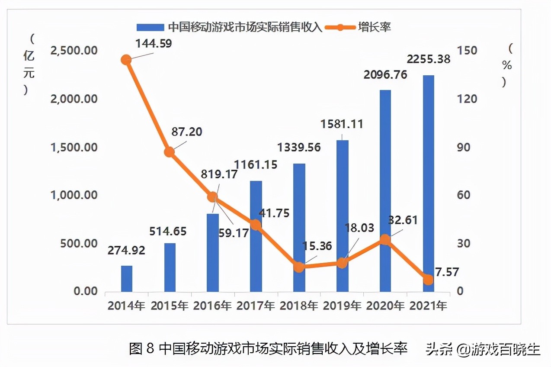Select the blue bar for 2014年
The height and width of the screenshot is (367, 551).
(x=126, y=278)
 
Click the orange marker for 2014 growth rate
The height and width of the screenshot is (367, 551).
(x=126, y=60)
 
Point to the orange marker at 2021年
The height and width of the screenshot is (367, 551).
(x=428, y=280)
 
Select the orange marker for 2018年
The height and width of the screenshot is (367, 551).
(x=299, y=267)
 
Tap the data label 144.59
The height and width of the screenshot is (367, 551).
(x=153, y=43)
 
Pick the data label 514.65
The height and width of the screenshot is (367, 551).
(x=168, y=231)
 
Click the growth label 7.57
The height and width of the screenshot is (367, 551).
(x=447, y=272)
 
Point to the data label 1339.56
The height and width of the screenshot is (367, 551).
(x=300, y=147)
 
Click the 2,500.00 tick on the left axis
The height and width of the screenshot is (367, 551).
(x=74, y=51)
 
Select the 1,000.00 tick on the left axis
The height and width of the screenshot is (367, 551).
(x=74, y=195)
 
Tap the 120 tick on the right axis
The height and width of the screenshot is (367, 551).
(x=468, y=99)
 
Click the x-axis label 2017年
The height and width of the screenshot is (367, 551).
(x=256, y=306)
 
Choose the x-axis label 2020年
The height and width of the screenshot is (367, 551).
(x=385, y=306)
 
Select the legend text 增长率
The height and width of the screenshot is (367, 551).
(x=375, y=27)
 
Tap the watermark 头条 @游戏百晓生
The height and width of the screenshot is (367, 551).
(x=482, y=348)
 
